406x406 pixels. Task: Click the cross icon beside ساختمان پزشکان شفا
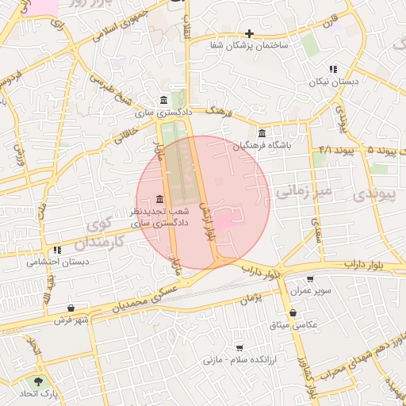pyautogui.click(x=250, y=33)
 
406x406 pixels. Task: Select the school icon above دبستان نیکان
pyautogui.click(x=333, y=69)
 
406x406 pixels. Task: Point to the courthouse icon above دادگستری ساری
pyautogui.click(x=163, y=100)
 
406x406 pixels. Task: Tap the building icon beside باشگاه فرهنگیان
pyautogui.click(x=262, y=132)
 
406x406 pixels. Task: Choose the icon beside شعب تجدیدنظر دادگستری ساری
pyautogui.click(x=161, y=198)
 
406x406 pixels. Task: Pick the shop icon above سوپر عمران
pyautogui.click(x=309, y=279)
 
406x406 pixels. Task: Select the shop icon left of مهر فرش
pyautogui.click(x=72, y=308)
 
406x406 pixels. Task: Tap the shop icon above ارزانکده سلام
pyautogui.click(x=239, y=348)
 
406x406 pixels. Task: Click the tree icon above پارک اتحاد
pyautogui.click(x=38, y=381)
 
